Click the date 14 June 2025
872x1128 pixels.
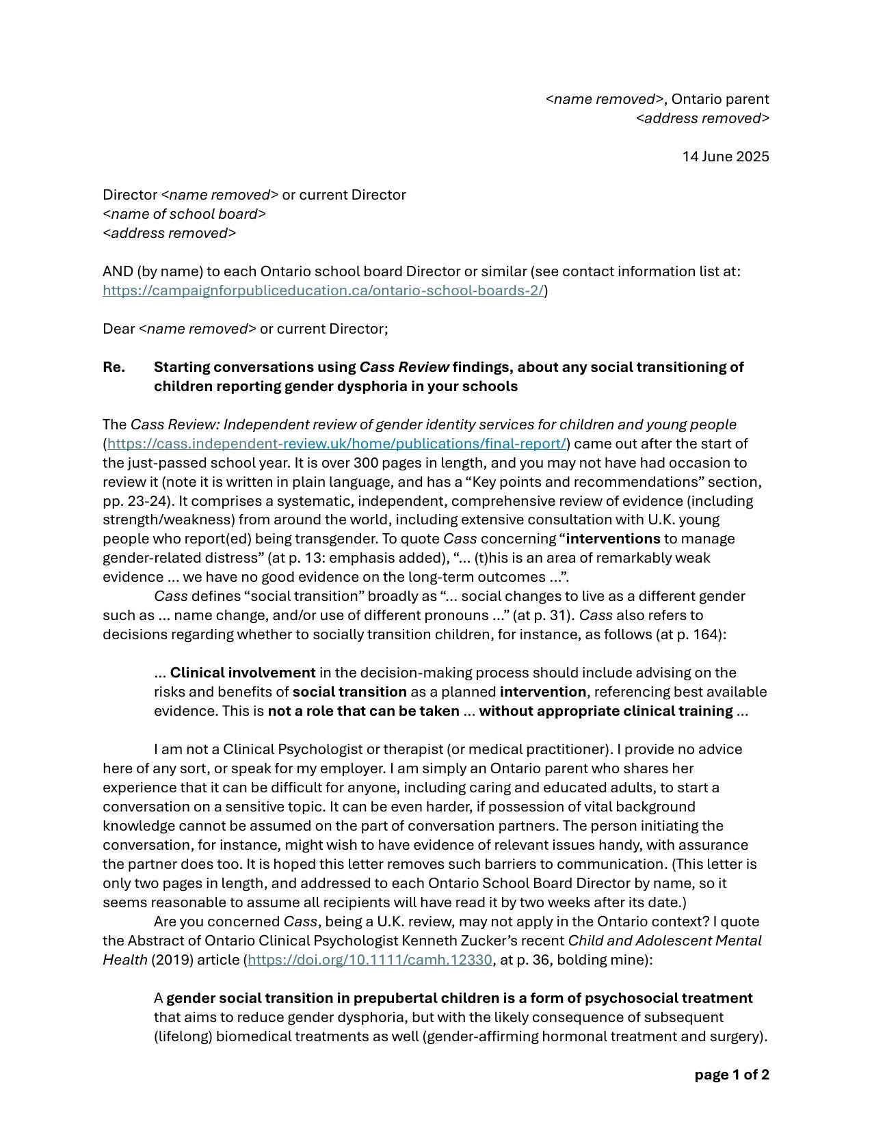click(x=725, y=157)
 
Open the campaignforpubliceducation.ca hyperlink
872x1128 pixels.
click(x=323, y=291)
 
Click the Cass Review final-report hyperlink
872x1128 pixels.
click(x=336, y=444)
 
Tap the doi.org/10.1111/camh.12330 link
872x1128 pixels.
click(x=369, y=960)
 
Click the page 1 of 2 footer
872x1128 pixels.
click(x=731, y=1075)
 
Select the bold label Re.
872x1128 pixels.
click(x=114, y=367)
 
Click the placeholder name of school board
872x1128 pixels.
click(x=184, y=214)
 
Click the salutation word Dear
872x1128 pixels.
click(x=119, y=329)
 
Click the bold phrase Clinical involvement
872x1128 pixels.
click(x=243, y=673)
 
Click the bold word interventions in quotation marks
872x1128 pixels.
click(x=613, y=539)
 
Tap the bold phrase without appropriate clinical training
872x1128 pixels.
click(x=605, y=711)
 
